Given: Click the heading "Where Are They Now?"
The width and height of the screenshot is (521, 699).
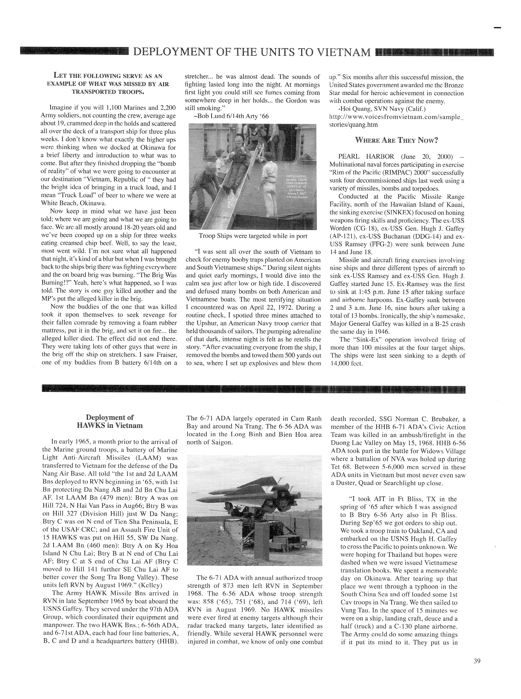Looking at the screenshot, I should [397, 140].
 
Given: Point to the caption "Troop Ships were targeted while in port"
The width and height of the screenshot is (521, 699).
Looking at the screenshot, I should [253, 236].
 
